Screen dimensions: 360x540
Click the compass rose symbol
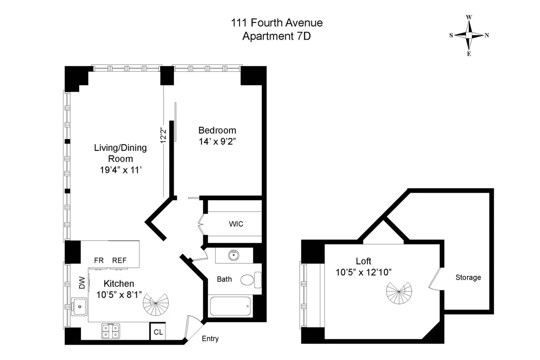469,35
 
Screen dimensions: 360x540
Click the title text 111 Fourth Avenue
277,23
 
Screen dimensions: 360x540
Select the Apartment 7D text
277,36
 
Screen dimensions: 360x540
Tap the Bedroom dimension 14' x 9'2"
217,141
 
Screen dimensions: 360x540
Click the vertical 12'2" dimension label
164,135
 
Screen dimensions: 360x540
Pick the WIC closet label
236,224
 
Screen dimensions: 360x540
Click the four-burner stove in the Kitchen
110,331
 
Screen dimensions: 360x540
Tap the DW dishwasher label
81,283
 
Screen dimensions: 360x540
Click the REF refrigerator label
119,260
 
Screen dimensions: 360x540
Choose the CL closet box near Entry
158,332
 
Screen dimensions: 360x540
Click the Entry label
210,338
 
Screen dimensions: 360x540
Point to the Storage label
468,277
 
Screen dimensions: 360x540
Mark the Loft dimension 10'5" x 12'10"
363,272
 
